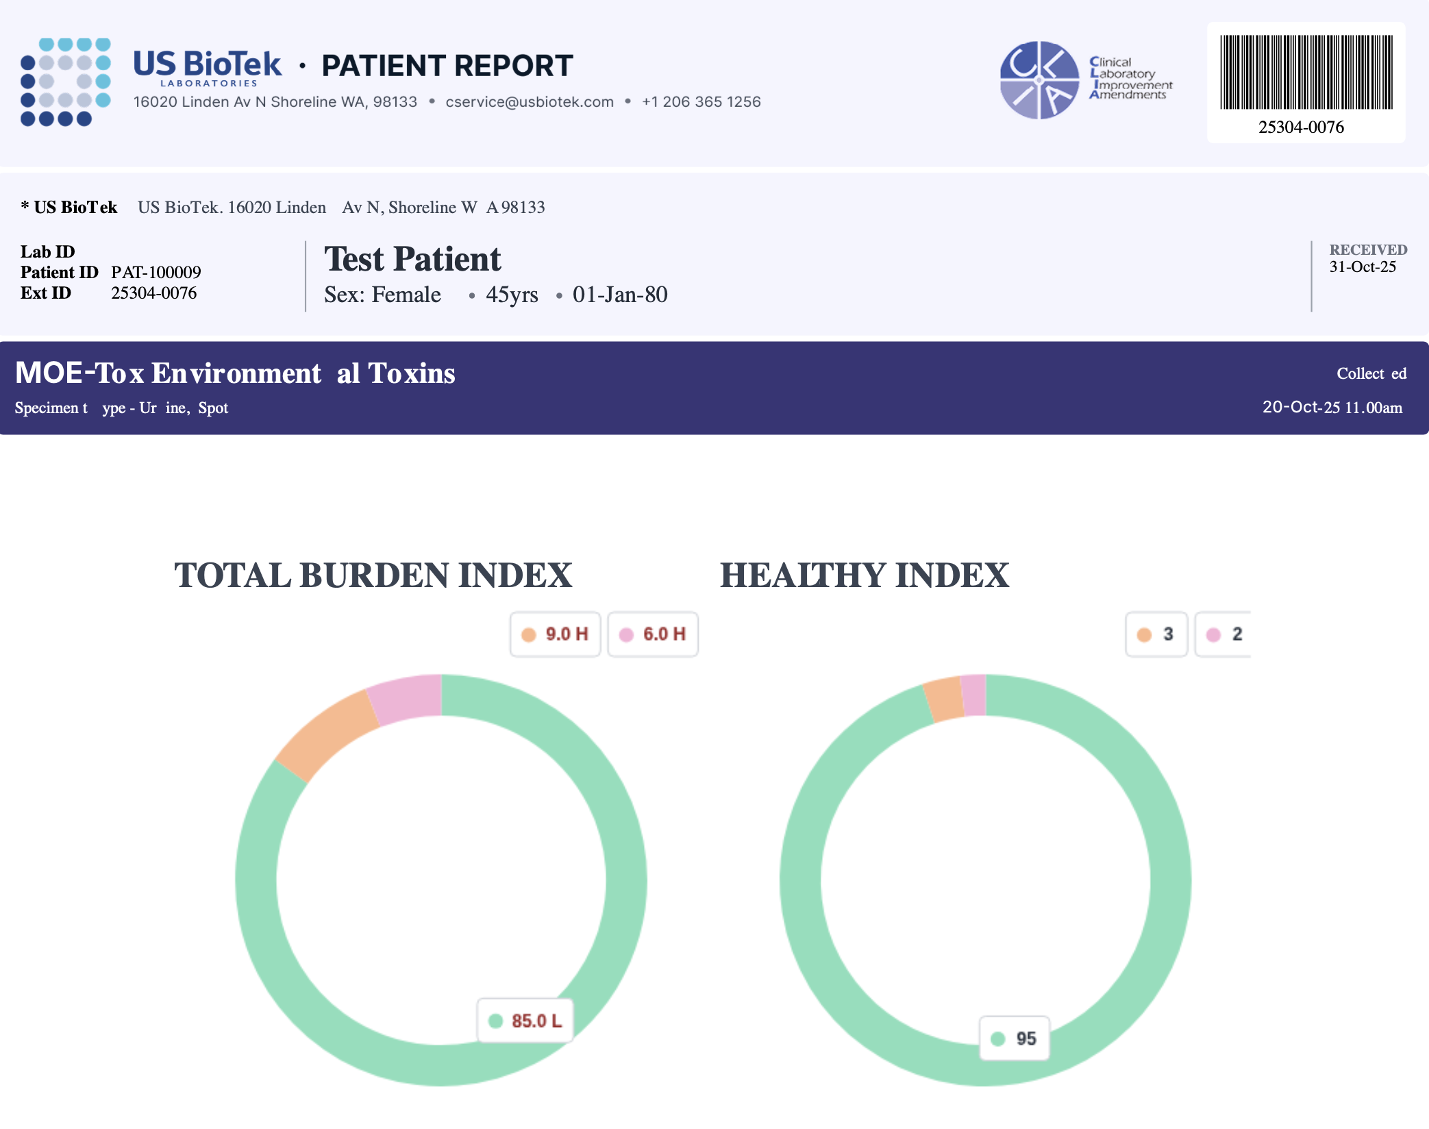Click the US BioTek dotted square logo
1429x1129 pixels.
pos(66,82)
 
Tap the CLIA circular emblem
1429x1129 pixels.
pos(1039,80)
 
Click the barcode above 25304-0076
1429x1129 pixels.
pos(1306,72)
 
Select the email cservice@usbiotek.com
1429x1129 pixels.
pos(529,102)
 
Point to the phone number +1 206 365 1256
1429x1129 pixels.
pos(701,102)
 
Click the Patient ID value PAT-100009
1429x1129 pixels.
pos(156,273)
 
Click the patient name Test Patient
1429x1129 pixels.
pos(412,260)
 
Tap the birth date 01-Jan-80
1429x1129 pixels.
pos(620,295)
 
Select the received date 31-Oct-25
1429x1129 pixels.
pos(1362,267)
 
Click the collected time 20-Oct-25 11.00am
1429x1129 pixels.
pos(1332,408)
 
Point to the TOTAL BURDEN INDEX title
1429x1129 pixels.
pos(373,575)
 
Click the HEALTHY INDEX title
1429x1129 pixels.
pos(864,575)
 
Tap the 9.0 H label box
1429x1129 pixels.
pos(556,634)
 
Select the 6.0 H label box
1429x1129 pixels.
pos(653,634)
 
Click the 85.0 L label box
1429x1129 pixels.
pos(525,1021)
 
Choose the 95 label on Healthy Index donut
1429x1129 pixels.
pos(1015,1039)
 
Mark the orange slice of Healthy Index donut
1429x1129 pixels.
pos(945,699)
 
